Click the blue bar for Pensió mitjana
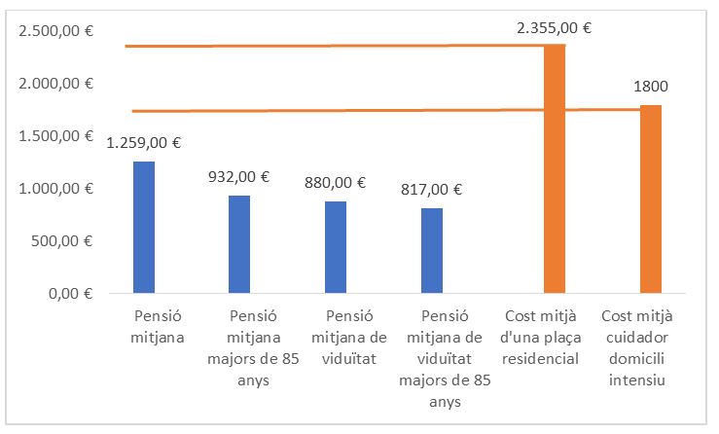click(144, 227)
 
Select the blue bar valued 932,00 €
click(239, 243)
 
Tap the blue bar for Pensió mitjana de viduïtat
click(336, 246)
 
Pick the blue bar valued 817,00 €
click(431, 250)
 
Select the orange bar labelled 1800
click(650, 199)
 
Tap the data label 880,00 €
click(335, 182)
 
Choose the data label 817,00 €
click(431, 190)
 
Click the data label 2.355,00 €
click(554, 28)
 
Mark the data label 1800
click(650, 87)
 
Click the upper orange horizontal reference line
click(331, 45)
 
